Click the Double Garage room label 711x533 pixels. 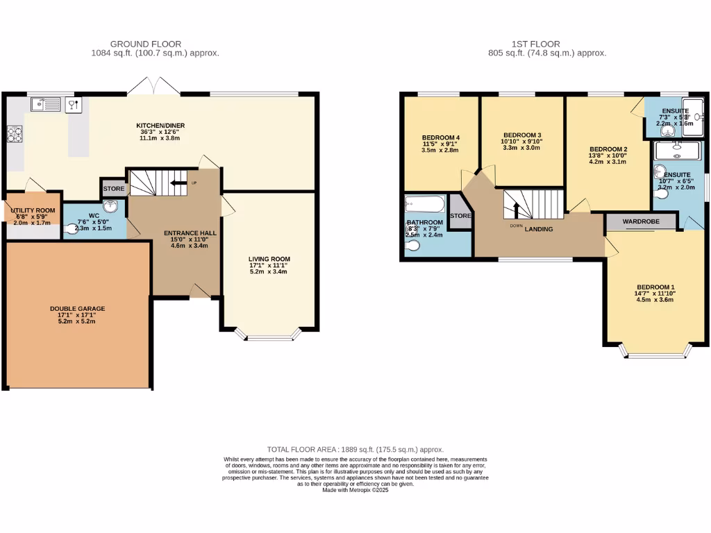(x=77, y=308)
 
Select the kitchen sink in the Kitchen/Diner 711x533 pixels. (x=47, y=105)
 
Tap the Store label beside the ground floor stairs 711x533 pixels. (x=113, y=189)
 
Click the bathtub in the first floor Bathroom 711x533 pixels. (x=424, y=205)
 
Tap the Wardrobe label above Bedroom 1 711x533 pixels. (x=639, y=222)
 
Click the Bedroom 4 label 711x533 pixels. (x=441, y=137)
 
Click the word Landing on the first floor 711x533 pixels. (x=539, y=229)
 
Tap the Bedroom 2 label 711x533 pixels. (x=608, y=149)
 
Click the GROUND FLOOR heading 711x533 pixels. (x=155, y=44)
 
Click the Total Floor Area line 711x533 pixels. (x=355, y=450)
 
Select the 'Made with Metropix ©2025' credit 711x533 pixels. (x=355, y=490)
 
